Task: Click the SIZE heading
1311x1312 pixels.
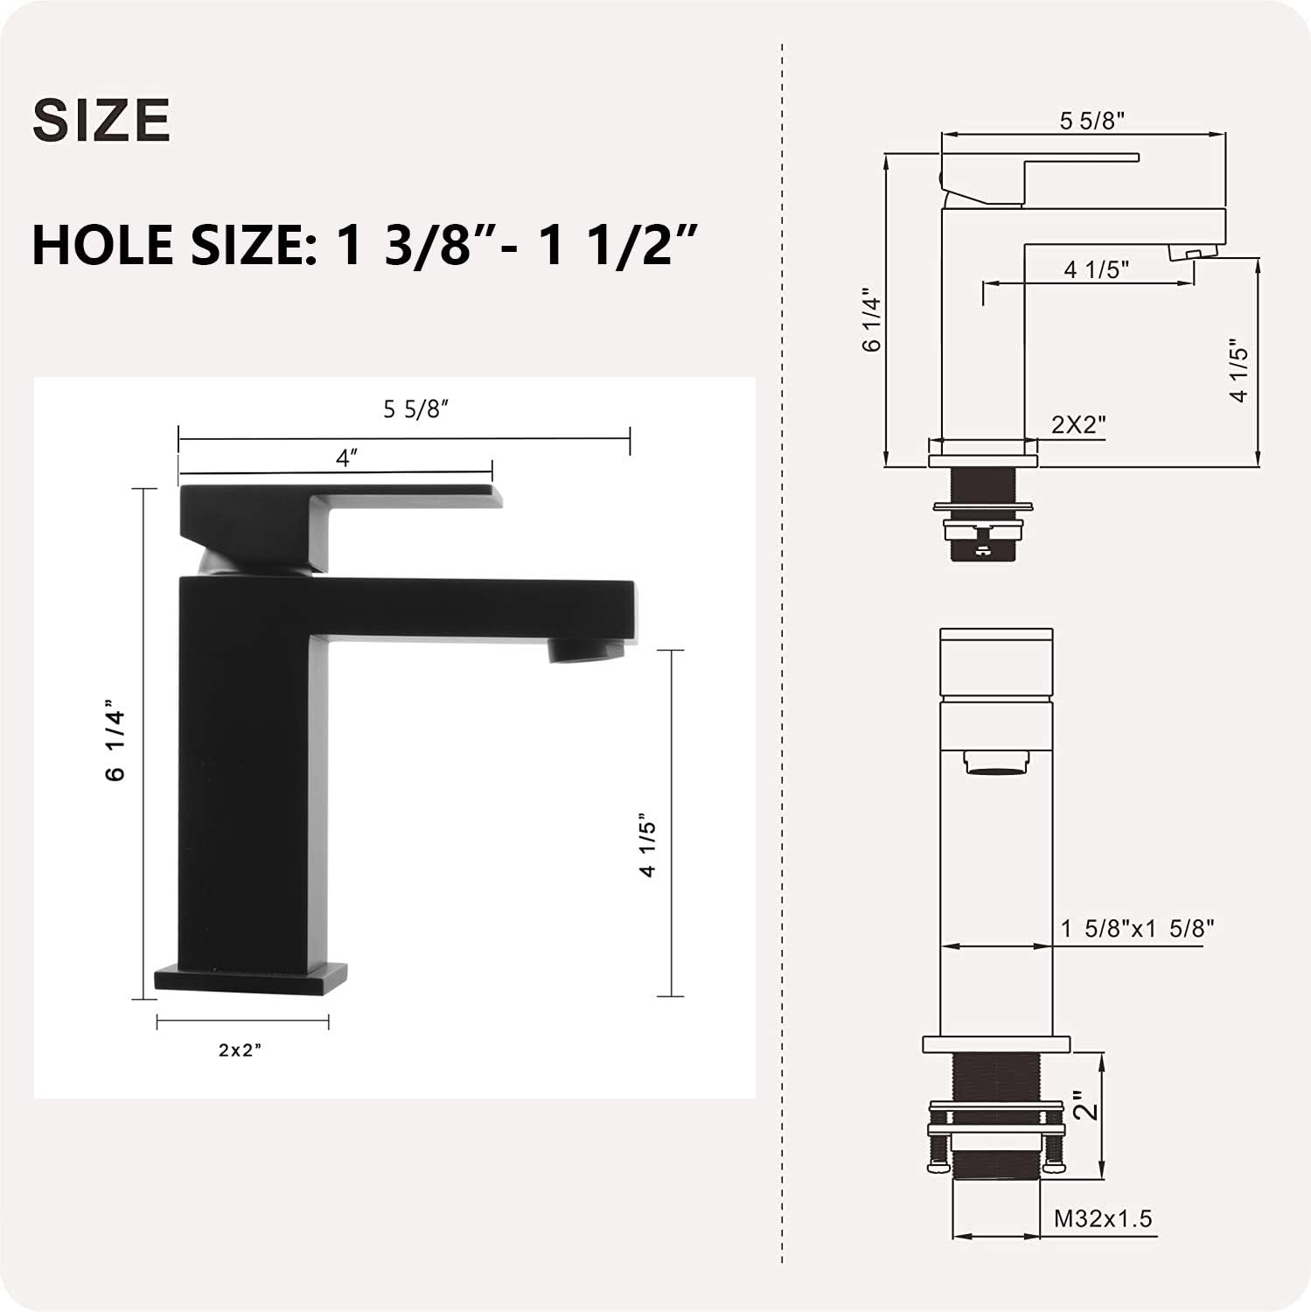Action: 101,120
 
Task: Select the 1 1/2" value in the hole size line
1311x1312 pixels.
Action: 617,245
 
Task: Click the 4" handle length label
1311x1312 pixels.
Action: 347,457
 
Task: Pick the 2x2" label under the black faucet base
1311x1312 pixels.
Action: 241,1050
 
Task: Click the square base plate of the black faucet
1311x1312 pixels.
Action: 250,978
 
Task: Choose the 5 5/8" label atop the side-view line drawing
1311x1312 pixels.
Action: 1091,121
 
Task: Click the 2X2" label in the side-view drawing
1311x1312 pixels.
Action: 1078,424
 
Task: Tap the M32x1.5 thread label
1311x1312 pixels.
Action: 1103,1218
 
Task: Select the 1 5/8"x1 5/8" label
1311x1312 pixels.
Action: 1137,928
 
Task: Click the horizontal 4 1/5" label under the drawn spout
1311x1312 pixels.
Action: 1097,269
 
